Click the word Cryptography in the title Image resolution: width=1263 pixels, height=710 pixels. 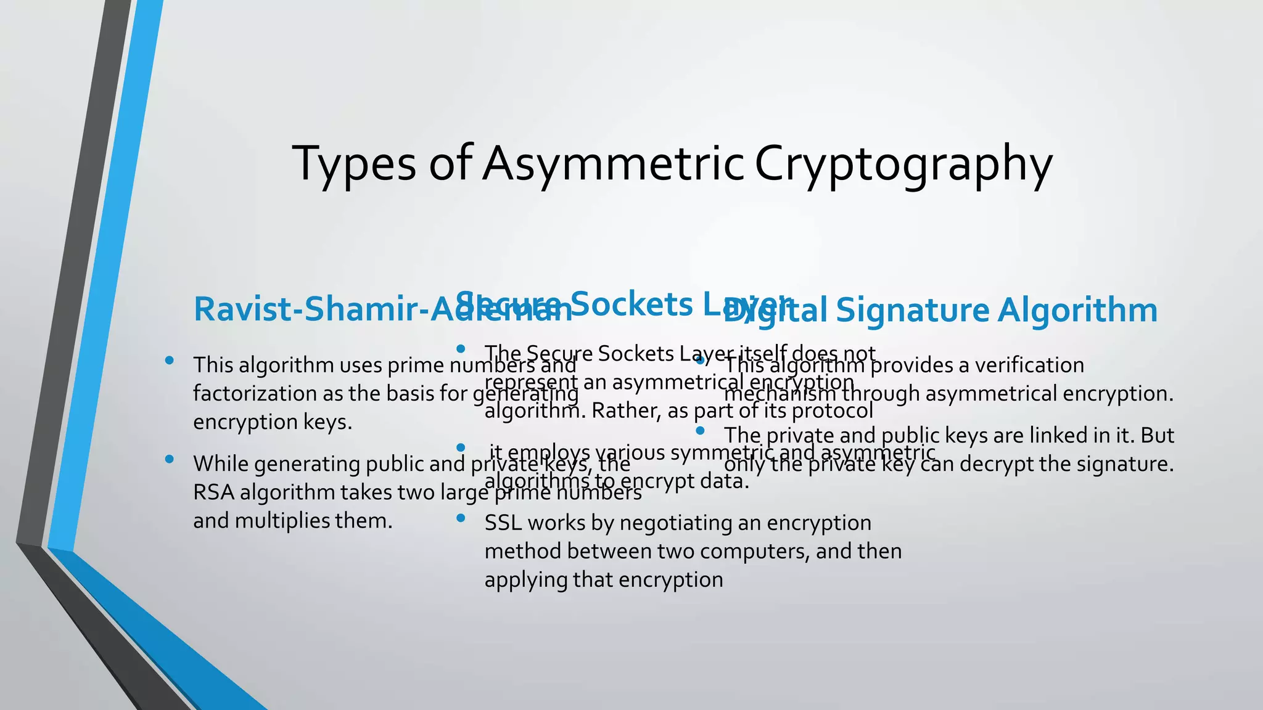tap(903, 164)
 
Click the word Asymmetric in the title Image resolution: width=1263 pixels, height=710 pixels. tap(614, 164)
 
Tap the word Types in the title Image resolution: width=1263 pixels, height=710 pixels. tap(355, 164)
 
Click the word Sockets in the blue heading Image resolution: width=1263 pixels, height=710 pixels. tap(631, 304)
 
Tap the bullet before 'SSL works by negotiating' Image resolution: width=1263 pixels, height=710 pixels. tap(460, 518)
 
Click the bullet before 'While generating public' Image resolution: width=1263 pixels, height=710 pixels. tap(169, 459)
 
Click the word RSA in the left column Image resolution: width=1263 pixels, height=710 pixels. tap(213, 492)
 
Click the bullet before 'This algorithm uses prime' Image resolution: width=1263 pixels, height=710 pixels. tap(169, 361)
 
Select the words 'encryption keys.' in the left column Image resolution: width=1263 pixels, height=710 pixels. tap(272, 422)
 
